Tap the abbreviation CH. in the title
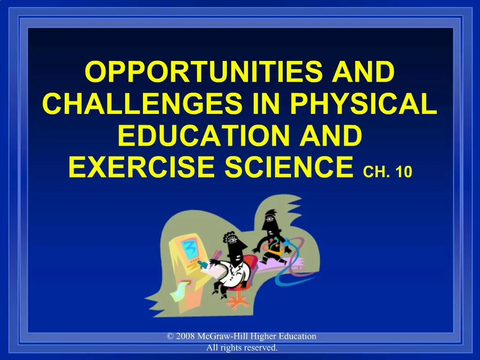tap(376, 172)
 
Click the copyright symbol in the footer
tap(170, 336)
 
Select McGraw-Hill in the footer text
tap(219, 336)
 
